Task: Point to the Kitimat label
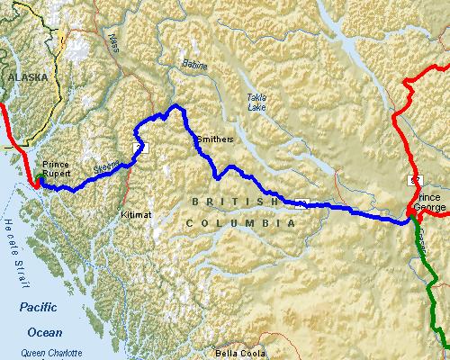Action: click(137, 216)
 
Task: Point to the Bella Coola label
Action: click(238, 354)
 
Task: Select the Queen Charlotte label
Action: click(49, 353)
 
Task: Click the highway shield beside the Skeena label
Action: click(137, 146)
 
